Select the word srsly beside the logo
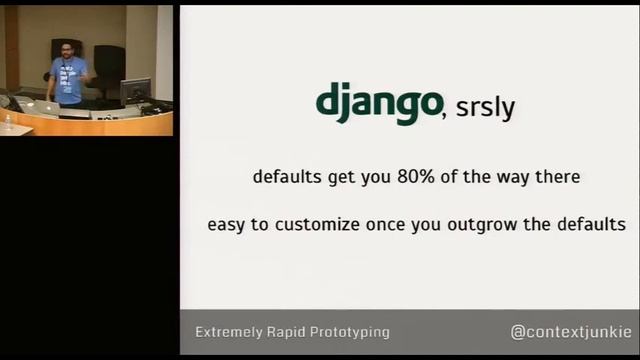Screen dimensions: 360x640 485,108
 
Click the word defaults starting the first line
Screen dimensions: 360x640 286,178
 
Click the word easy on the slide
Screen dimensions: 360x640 227,225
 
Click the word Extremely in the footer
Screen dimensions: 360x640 231,332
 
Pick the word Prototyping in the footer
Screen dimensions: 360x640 351,332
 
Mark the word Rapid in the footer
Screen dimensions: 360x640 291,332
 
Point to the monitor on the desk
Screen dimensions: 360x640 135,91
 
